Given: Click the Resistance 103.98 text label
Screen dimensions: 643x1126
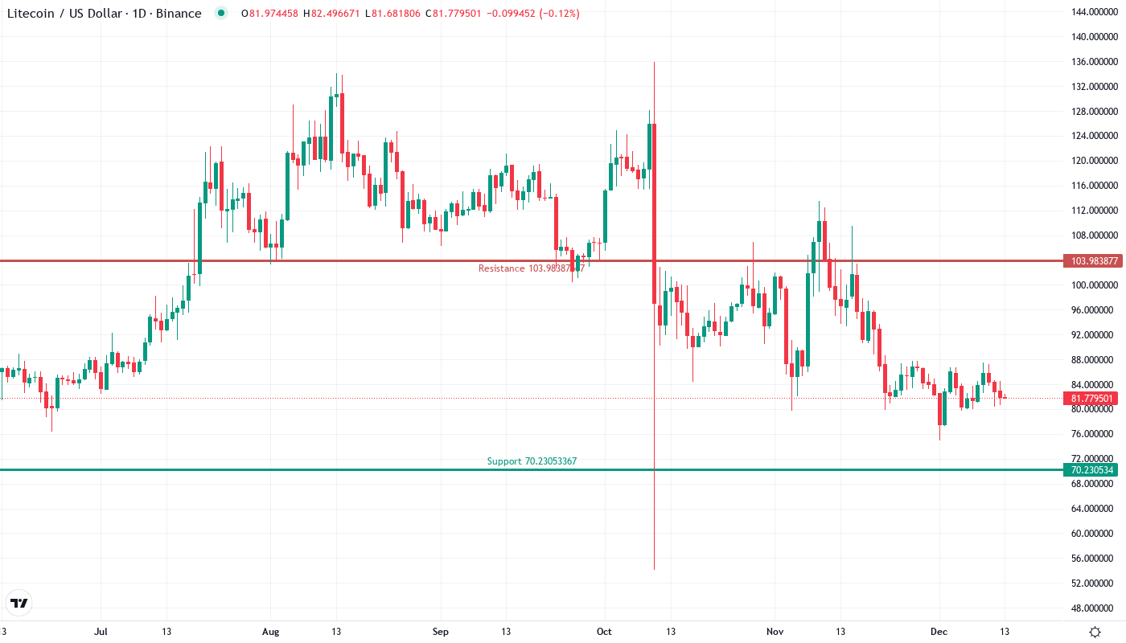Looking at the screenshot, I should (x=531, y=268).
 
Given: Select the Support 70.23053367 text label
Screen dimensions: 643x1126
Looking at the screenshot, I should (x=532, y=461).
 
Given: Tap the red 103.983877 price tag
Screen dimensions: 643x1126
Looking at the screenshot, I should (x=1091, y=261).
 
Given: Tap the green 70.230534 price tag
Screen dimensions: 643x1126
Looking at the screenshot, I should (x=1091, y=470).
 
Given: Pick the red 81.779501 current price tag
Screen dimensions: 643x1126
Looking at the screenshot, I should (x=1091, y=399).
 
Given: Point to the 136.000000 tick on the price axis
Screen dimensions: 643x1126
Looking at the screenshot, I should (x=1091, y=62).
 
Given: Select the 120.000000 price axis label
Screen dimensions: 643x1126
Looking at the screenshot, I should (x=1091, y=161).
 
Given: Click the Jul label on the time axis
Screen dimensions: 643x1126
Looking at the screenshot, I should (x=101, y=632).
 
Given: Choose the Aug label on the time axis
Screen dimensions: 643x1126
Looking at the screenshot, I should (x=271, y=632).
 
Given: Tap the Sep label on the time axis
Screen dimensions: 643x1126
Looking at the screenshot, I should (x=440, y=632).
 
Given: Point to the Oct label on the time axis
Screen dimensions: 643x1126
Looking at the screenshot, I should (x=604, y=632).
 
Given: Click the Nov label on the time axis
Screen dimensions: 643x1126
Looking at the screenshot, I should (x=775, y=632).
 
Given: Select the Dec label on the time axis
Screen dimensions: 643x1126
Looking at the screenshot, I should (x=939, y=632).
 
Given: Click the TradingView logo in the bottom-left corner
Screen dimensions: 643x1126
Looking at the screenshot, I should (x=18, y=603).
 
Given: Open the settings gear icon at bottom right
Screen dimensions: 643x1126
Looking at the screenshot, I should (x=1095, y=632).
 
